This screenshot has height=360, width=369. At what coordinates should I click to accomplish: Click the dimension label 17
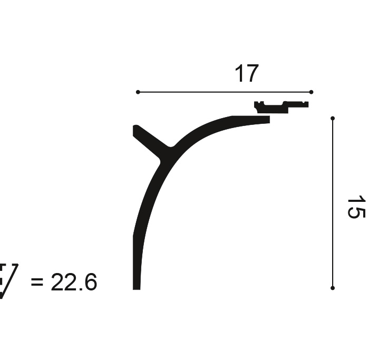pyautogui.click(x=247, y=73)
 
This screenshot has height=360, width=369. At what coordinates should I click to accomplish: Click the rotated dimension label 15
pyautogui.click(x=356, y=206)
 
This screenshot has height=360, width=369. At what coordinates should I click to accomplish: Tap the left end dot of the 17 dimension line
pyautogui.click(x=138, y=92)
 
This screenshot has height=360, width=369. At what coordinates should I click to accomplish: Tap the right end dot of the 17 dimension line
pyautogui.click(x=311, y=92)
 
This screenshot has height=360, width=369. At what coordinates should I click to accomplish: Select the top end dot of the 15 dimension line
pyautogui.click(x=333, y=119)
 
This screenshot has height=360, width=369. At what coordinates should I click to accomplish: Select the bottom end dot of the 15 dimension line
pyautogui.click(x=333, y=288)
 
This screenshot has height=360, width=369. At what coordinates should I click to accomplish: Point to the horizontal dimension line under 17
pyautogui.click(x=225, y=92)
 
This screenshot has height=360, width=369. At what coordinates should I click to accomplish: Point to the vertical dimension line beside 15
pyautogui.click(x=333, y=203)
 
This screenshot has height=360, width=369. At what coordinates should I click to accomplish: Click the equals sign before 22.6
pyautogui.click(x=37, y=281)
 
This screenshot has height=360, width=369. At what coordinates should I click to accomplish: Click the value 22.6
pyautogui.click(x=74, y=281)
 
